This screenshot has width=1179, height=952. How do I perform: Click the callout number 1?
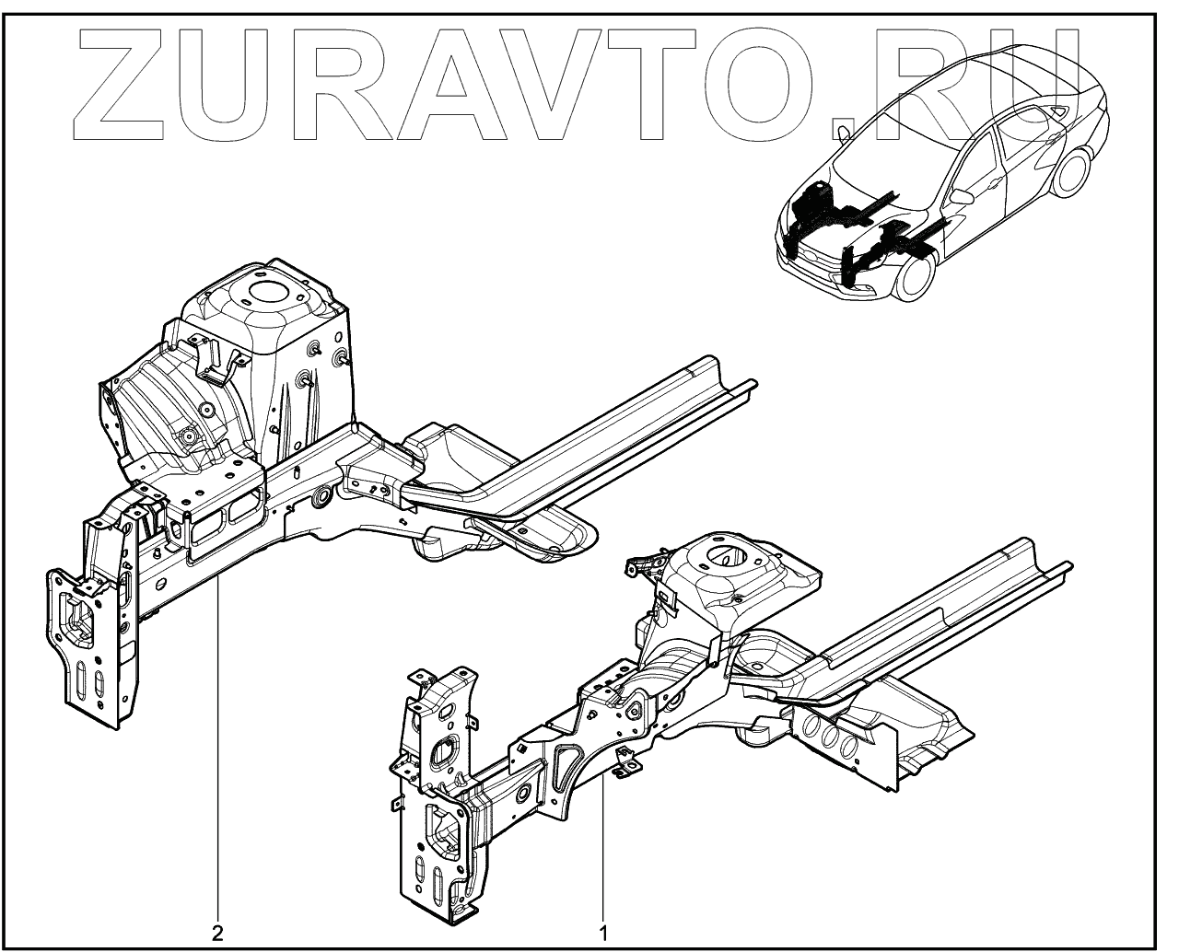604,933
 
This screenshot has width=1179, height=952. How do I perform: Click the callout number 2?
217,933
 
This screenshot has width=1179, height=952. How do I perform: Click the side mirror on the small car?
963,196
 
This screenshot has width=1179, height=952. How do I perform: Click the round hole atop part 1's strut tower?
724,556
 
